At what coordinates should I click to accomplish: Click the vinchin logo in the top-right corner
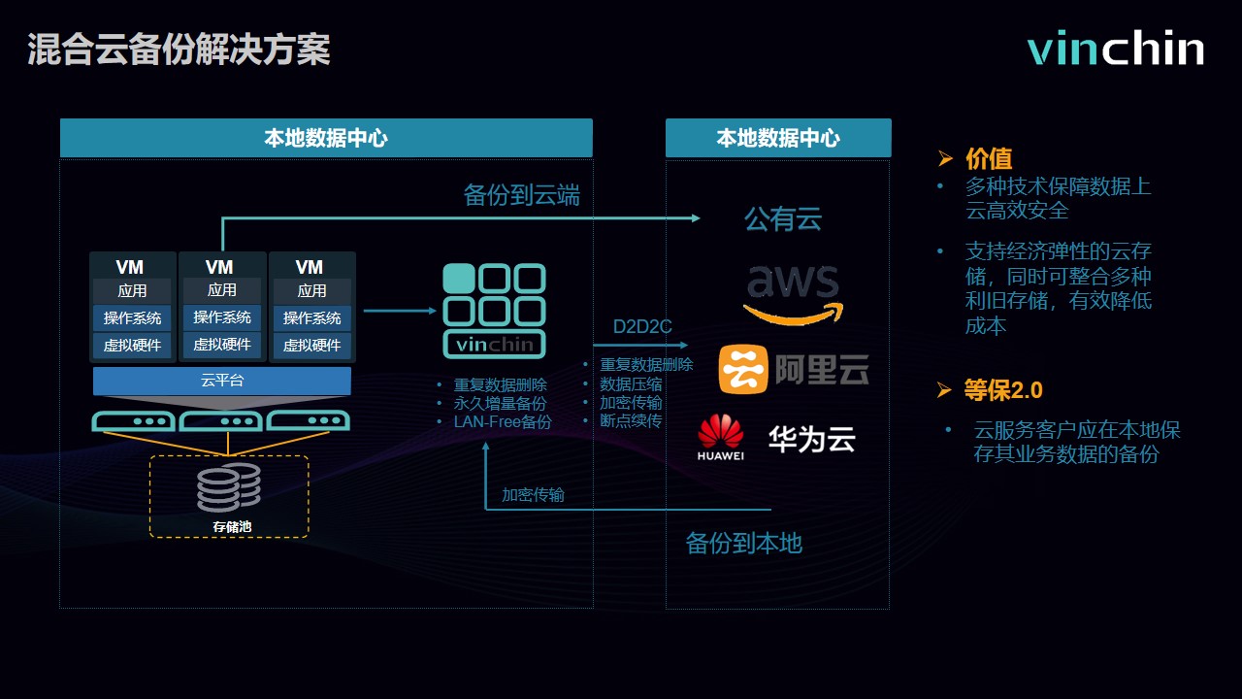[x=1116, y=49]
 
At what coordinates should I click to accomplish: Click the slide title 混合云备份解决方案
[x=179, y=50]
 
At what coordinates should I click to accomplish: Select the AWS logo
[x=794, y=291]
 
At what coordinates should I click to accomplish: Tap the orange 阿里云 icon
[x=742, y=370]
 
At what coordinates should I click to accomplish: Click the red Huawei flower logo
[x=720, y=432]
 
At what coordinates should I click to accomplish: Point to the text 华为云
[x=812, y=439]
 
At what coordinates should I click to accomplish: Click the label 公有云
[x=782, y=218]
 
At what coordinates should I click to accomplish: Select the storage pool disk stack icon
[x=229, y=487]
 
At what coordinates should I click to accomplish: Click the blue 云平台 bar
[x=222, y=381]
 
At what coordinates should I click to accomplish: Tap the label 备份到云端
[x=521, y=195]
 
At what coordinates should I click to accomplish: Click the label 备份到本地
[x=743, y=543]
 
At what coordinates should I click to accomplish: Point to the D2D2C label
[x=642, y=327]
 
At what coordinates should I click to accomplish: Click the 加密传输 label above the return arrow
[x=533, y=494]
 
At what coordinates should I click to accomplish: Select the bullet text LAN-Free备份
[x=502, y=421]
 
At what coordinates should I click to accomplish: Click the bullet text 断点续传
[x=631, y=420]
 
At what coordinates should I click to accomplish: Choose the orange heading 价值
[x=989, y=158]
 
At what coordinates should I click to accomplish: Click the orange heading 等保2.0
[x=1003, y=390]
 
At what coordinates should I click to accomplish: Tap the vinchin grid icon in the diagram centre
[x=494, y=310]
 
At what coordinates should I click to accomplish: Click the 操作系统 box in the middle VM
[x=222, y=317]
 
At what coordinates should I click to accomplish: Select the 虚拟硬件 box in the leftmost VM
[x=133, y=345]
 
